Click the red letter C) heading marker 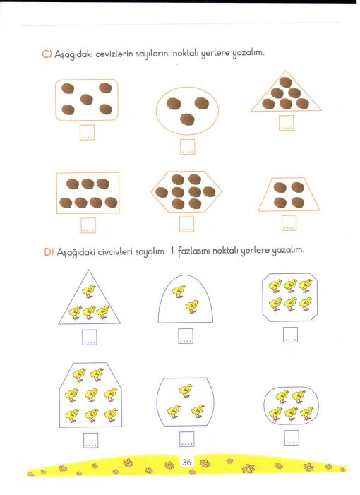pyautogui.click(x=47, y=54)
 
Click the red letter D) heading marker pyautogui.click(x=49, y=252)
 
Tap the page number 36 pyautogui.click(x=186, y=463)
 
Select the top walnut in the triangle pyautogui.click(x=285, y=82)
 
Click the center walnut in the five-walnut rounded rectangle pyautogui.click(x=86, y=100)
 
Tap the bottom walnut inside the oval pyautogui.click(x=187, y=119)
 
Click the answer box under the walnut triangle pyautogui.click(x=286, y=123)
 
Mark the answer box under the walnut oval pyautogui.click(x=188, y=147)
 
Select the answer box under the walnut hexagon pyautogui.click(x=187, y=224)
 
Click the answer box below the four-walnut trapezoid pyautogui.click(x=289, y=223)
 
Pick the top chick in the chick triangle pyautogui.click(x=89, y=291)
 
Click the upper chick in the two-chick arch pyautogui.click(x=179, y=291)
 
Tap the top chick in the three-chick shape pyautogui.click(x=186, y=390)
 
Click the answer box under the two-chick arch pyautogui.click(x=186, y=336)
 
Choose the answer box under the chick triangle pyautogui.click(x=90, y=337)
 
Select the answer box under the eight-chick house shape pyautogui.click(x=90, y=440)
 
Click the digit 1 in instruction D pyautogui.click(x=172, y=251)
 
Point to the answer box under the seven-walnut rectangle pyautogui.click(x=88, y=225)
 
